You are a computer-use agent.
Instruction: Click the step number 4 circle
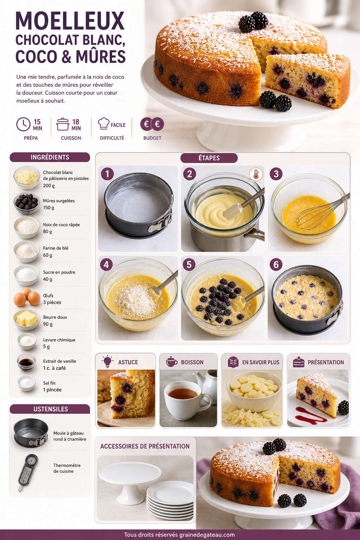coord(106,264)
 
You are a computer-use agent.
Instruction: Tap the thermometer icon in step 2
coord(256,174)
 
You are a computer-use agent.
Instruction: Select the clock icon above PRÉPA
coord(24,124)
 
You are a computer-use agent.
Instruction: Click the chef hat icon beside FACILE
coord(104,123)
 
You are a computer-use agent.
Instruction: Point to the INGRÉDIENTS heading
coord(50,157)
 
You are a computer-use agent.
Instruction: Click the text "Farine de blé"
coord(56,248)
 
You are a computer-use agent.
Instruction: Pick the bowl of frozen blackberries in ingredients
coord(26,203)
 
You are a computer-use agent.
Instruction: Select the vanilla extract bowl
coord(26,362)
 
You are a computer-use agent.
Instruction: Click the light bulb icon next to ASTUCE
coord(107,362)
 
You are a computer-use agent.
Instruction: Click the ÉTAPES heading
coord(209,158)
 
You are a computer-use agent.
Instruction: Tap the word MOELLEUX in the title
coord(70,21)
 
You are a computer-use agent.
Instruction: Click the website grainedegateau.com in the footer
coord(207,535)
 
